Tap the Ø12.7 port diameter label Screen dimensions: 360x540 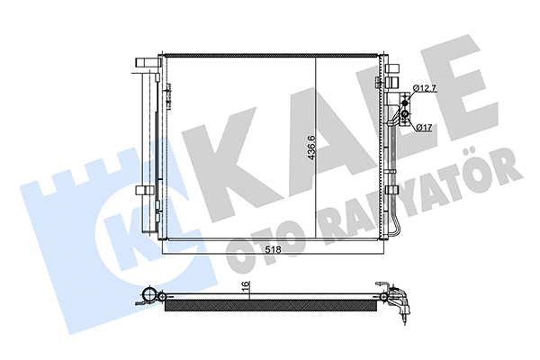[426, 87]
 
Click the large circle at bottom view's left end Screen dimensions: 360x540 [150, 296]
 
